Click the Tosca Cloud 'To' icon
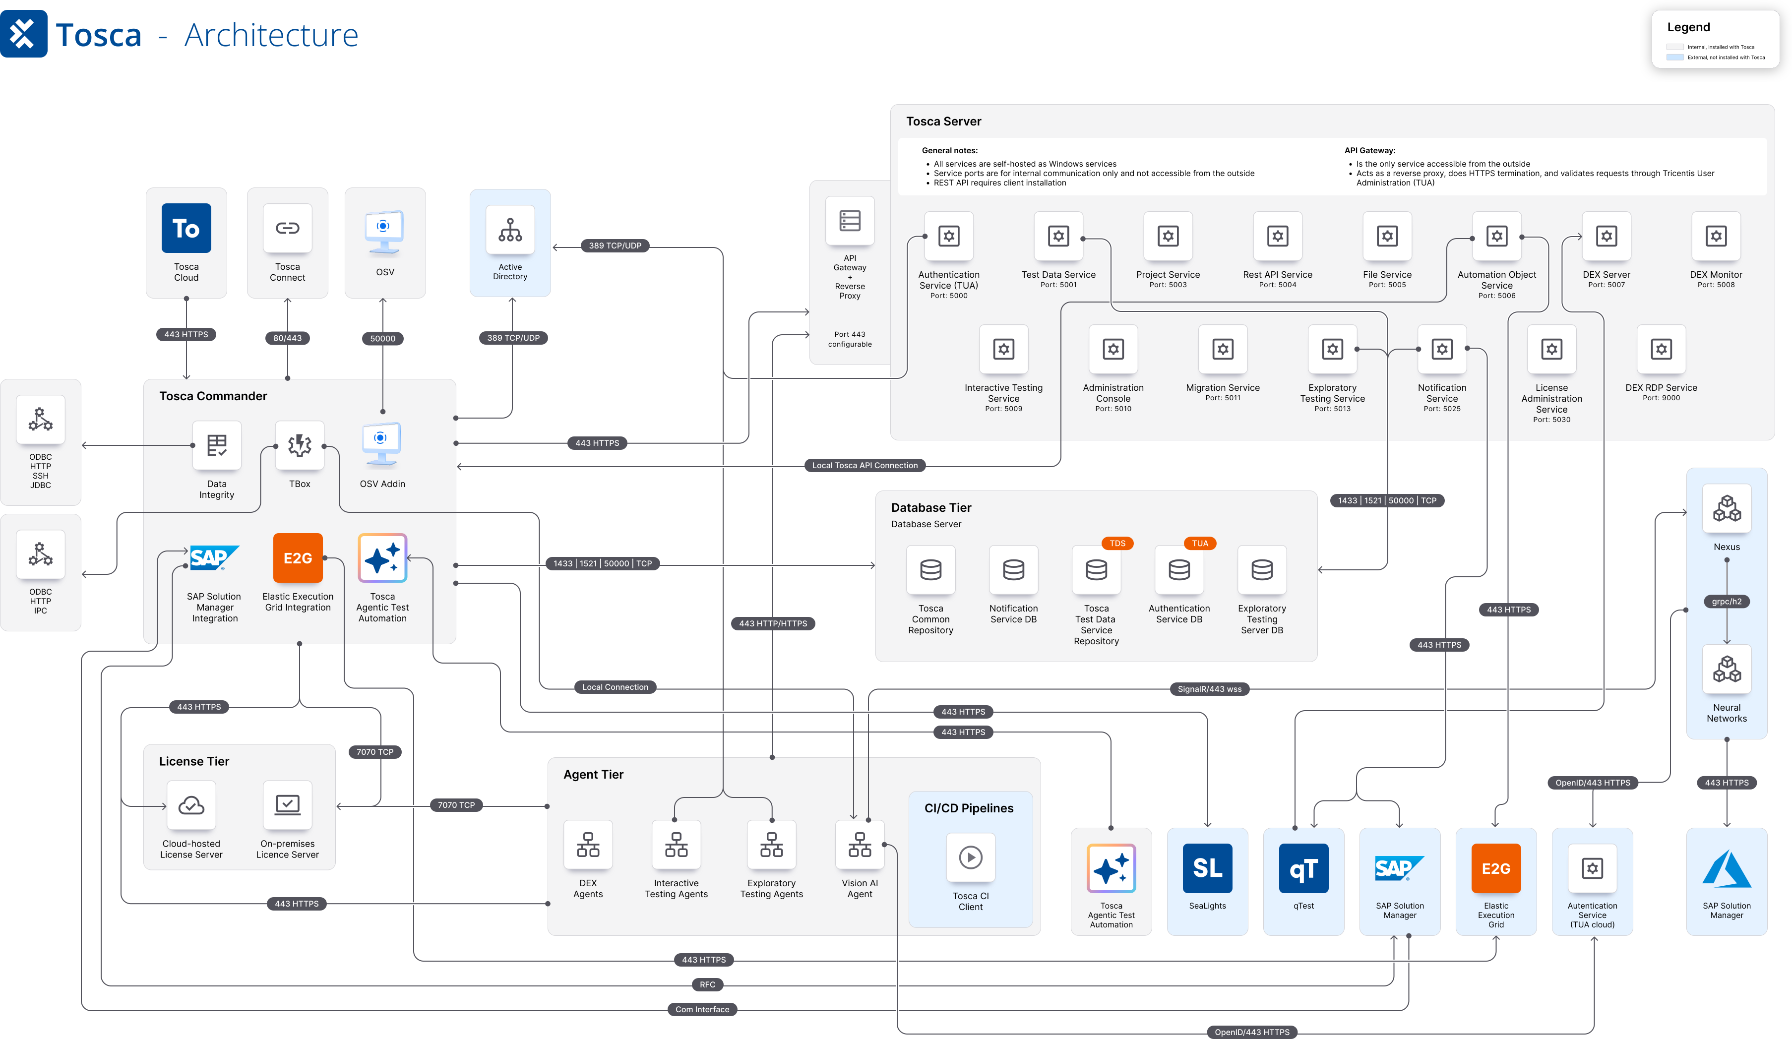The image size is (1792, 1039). point(186,228)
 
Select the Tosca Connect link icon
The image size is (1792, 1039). point(287,228)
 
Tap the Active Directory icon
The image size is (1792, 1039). point(510,230)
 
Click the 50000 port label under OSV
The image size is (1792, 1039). point(382,339)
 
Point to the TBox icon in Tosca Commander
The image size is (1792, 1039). point(300,445)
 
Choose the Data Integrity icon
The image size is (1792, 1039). point(217,445)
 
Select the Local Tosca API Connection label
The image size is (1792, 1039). point(865,465)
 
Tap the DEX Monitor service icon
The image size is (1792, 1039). point(1716,236)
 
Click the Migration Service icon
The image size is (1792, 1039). point(1223,349)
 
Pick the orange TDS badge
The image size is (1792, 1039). point(1117,544)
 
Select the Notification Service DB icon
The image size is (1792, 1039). point(1013,570)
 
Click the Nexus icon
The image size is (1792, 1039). point(1727,508)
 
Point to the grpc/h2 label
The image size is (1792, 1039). point(1727,602)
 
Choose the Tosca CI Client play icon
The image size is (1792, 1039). point(971,857)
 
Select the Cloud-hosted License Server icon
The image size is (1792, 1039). point(191,805)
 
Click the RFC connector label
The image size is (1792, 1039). point(708,985)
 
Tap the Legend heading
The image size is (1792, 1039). point(1688,27)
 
